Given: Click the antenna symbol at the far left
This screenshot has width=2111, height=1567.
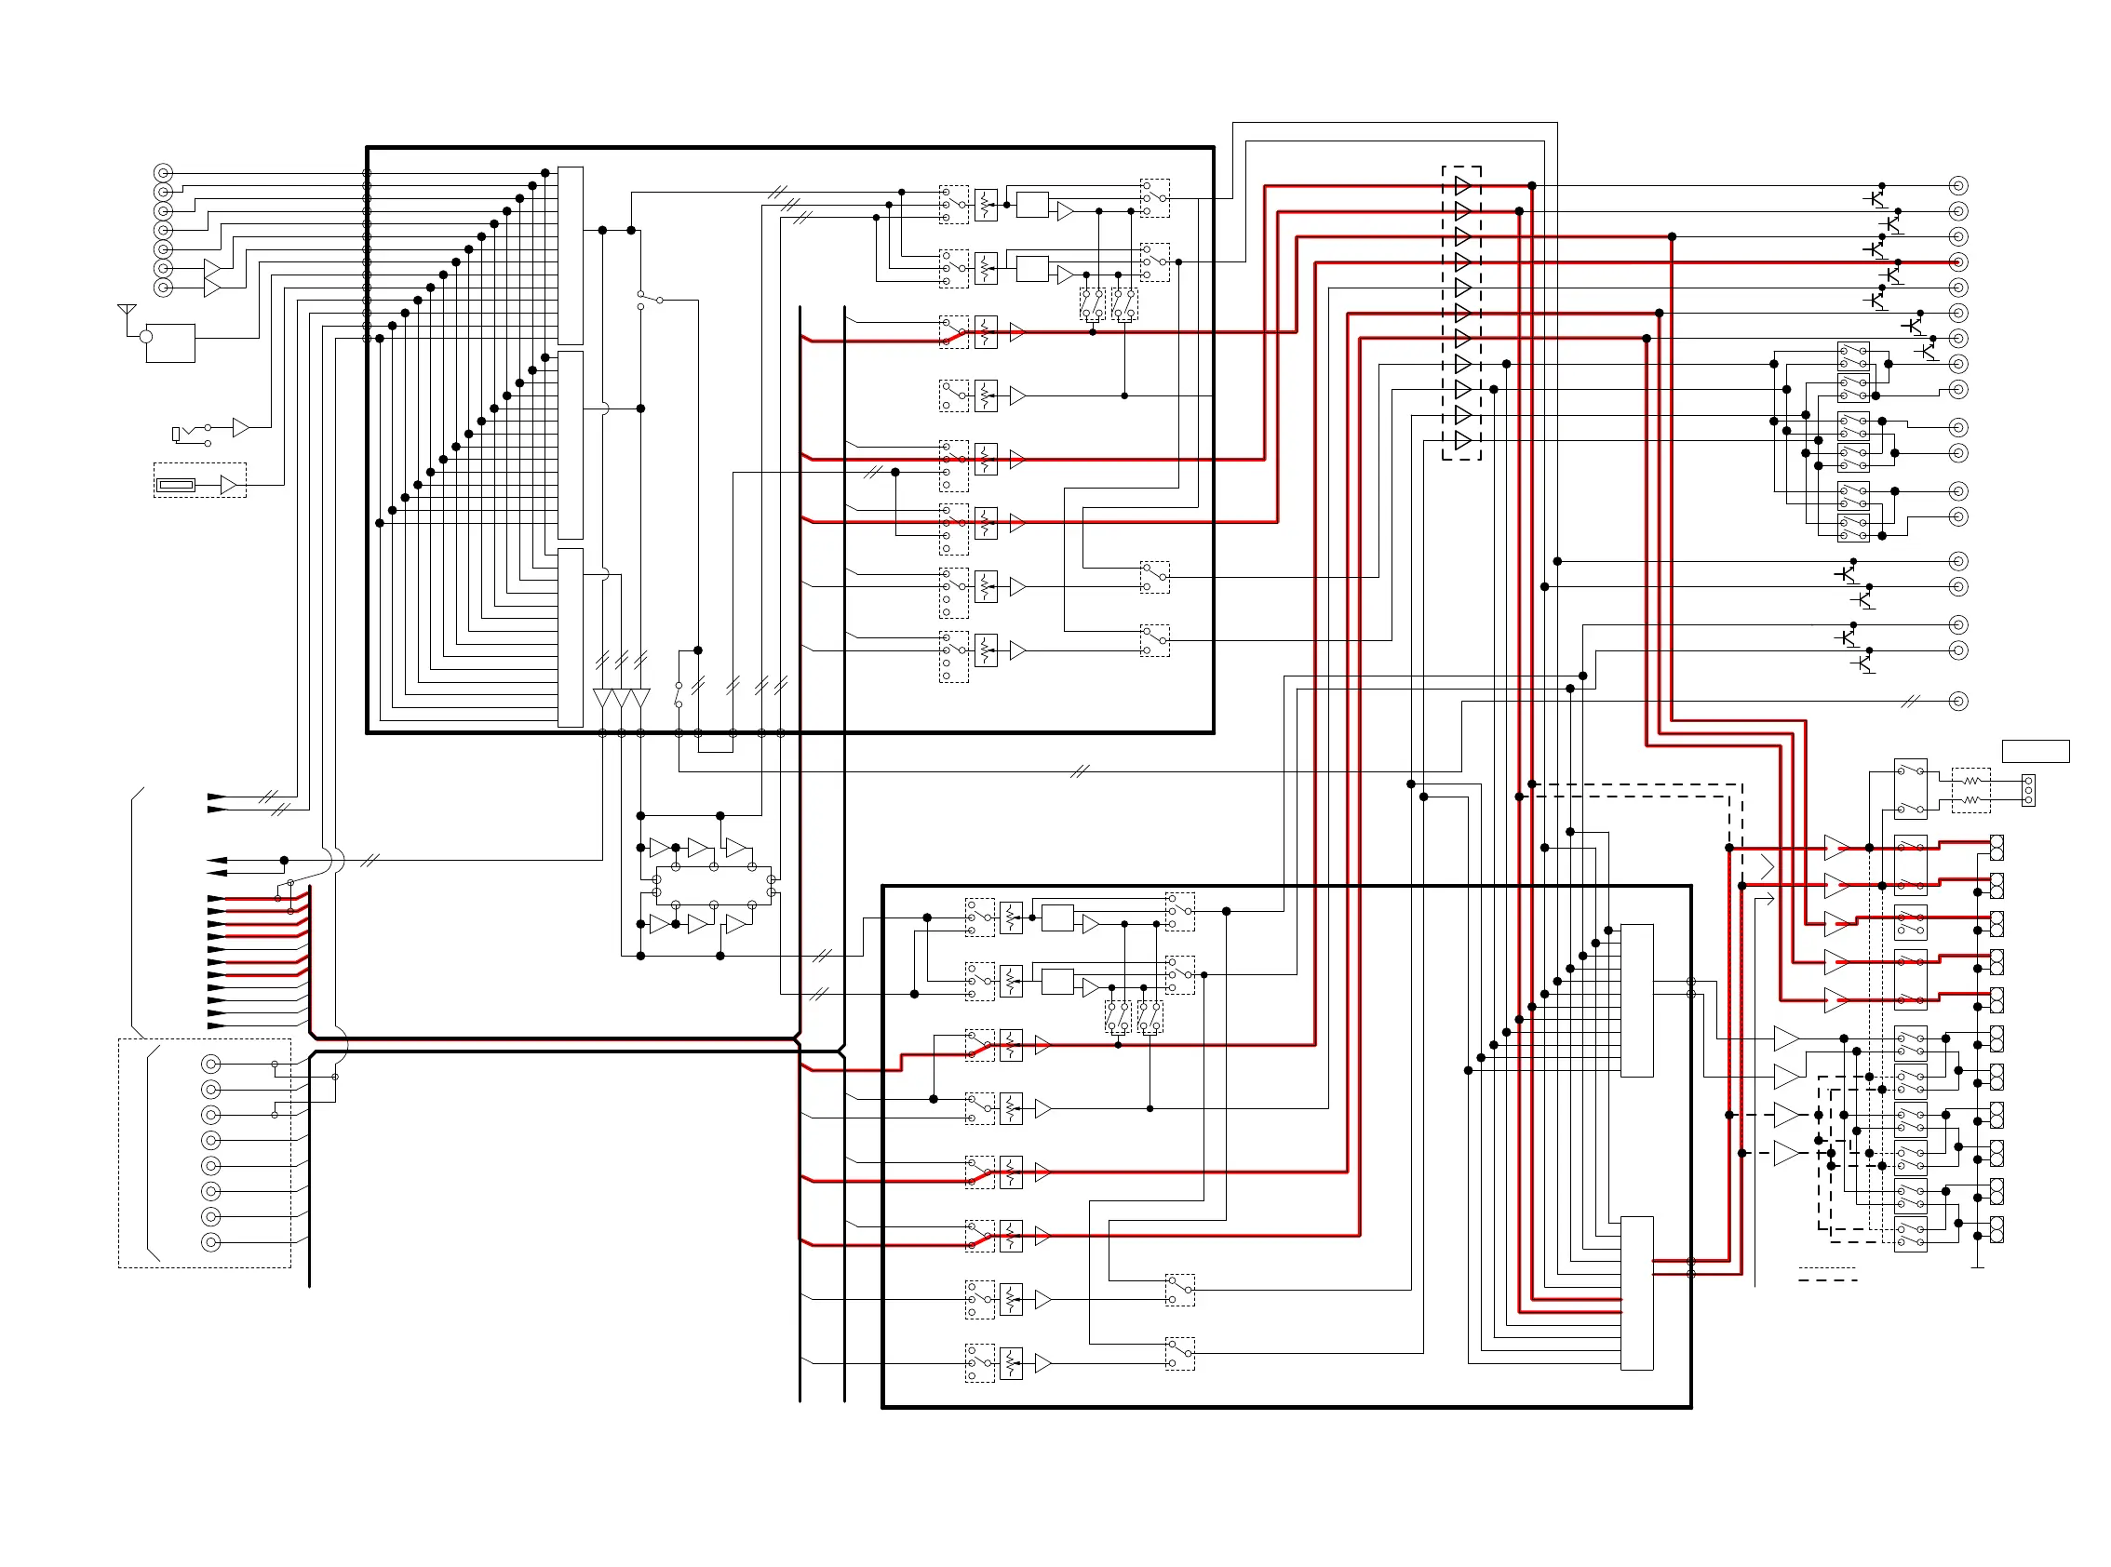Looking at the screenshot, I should [127, 312].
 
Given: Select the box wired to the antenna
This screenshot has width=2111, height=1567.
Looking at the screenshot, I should [170, 343].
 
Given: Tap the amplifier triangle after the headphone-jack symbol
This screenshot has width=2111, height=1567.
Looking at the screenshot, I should [240, 428].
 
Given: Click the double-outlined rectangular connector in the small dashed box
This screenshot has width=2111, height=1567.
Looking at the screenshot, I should [177, 486].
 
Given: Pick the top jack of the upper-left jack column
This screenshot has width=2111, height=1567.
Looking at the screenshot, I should [163, 173].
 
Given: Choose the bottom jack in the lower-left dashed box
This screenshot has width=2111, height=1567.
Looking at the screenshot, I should [211, 1242].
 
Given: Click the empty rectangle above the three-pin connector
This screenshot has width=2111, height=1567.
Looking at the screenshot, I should [2035, 751].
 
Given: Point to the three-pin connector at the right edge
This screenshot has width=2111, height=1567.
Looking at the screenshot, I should [2028, 790].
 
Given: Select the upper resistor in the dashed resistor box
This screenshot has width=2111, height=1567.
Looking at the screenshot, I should [1971, 781].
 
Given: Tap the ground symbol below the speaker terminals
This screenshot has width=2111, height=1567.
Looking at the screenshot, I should [1978, 1266].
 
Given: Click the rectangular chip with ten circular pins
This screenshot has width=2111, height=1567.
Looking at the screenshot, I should [714, 885].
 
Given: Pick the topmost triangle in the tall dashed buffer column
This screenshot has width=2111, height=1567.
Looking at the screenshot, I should [1462, 185].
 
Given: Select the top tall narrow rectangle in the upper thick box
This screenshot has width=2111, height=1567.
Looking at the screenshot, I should [571, 255].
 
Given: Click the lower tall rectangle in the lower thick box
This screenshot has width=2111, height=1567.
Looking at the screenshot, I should [1636, 1292].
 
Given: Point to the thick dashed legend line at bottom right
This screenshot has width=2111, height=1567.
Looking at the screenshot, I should [1827, 1280].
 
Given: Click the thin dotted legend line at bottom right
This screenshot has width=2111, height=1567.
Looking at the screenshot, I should [1827, 1268].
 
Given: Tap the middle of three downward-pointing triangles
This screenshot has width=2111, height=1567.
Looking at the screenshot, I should [622, 698].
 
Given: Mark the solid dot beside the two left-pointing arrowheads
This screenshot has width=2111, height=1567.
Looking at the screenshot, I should [284, 861].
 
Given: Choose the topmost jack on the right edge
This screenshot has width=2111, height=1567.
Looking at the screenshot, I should [1958, 185].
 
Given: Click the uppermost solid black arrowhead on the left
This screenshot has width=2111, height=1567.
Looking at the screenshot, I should [216, 797].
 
